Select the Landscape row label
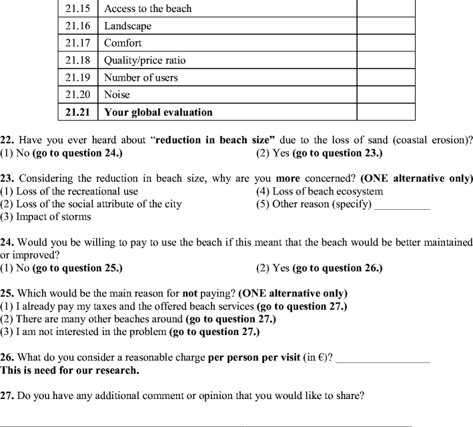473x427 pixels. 127,26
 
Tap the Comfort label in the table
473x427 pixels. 123,43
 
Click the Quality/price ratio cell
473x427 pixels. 145,61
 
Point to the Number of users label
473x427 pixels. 141,78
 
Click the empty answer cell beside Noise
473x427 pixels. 386,95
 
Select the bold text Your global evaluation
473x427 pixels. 158,112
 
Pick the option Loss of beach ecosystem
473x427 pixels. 320,192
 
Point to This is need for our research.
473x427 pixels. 70,370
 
